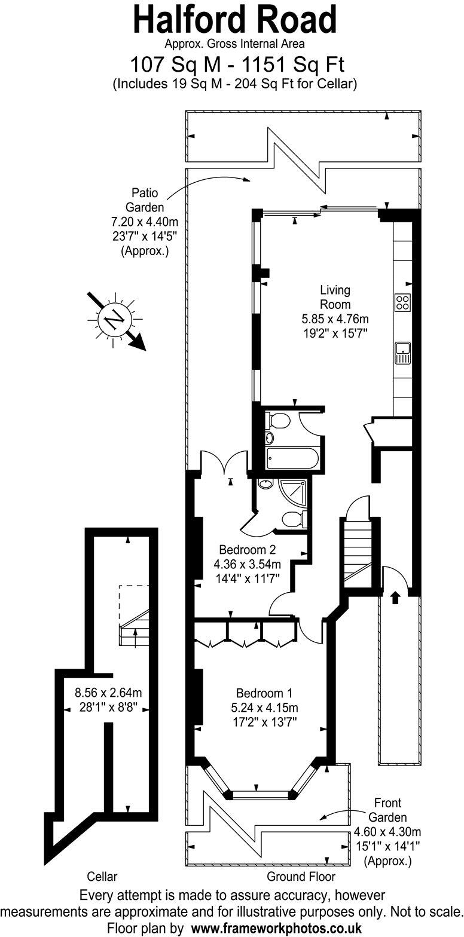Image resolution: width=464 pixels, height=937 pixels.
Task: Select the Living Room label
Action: pos(335,297)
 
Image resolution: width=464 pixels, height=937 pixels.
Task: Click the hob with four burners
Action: pos(402,302)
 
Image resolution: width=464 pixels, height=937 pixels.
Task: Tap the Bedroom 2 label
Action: pos(246,550)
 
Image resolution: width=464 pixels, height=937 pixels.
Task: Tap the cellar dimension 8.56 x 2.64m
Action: pos(108,693)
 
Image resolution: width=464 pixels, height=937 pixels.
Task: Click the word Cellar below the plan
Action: pos(102,877)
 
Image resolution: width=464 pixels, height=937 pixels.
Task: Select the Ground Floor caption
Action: pos(301,877)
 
